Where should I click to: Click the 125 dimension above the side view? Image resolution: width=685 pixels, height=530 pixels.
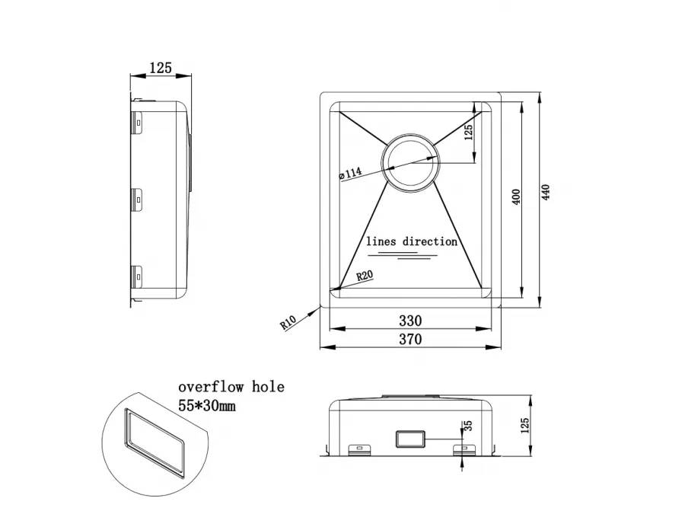click(161, 68)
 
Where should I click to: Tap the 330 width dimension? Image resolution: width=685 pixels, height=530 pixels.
click(409, 321)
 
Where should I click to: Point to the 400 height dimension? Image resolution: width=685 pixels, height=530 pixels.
click(516, 198)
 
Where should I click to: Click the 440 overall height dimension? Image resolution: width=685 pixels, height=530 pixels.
click(545, 193)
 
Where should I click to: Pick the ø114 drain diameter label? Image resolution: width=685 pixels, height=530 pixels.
click(349, 174)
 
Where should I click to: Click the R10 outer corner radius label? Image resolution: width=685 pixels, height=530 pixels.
click(288, 322)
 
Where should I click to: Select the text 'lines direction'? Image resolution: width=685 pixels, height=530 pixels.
click(412, 241)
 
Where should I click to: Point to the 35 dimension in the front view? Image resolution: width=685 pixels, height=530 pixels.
click(467, 426)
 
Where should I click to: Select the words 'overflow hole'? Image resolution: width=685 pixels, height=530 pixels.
click(231, 387)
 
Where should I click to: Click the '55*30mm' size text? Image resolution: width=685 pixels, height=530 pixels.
click(207, 407)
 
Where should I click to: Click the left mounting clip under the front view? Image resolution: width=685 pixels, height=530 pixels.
click(355, 449)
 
